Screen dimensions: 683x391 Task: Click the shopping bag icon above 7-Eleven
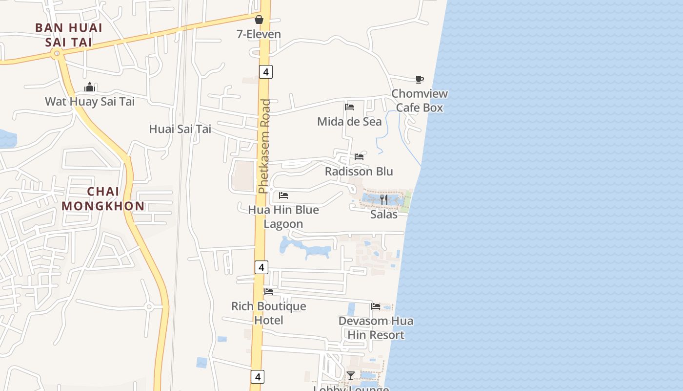tap(259, 20)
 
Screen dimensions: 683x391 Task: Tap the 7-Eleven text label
tap(259, 34)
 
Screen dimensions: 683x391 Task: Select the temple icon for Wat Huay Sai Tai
tap(90, 87)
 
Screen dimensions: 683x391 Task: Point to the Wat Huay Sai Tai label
tap(90, 102)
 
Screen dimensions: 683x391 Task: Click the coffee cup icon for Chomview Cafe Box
tap(419, 79)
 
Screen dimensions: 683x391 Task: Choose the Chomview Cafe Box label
tap(420, 101)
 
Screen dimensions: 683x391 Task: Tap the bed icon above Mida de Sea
tap(349, 107)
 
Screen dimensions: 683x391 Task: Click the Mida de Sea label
tap(349, 122)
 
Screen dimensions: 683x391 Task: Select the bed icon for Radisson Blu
tap(359, 157)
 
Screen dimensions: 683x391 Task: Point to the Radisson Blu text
tap(359, 172)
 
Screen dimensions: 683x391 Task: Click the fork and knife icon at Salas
tap(384, 199)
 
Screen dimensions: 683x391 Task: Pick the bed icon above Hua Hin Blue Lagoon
tap(283, 195)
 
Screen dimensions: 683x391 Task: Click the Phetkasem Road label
tap(265, 147)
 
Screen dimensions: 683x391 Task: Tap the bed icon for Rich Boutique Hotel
tap(269, 292)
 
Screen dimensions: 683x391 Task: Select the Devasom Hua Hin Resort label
tap(376, 328)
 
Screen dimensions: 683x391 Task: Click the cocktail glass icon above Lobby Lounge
tap(351, 375)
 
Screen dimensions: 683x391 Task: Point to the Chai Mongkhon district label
tap(103, 199)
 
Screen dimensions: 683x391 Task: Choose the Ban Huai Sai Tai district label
tap(69, 35)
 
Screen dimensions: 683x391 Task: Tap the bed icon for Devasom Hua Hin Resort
tap(376, 306)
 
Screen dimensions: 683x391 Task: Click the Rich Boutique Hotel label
tap(269, 313)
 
